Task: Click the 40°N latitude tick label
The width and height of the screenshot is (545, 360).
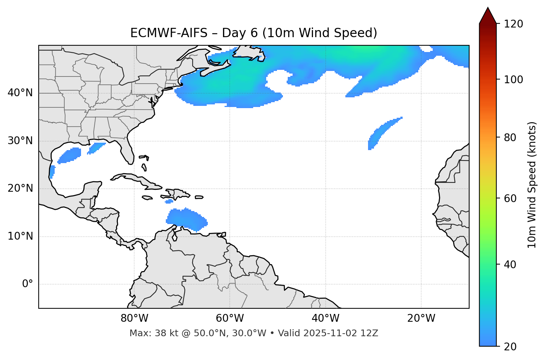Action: [x=20, y=93]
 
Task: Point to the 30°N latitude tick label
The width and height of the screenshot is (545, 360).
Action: [x=20, y=141]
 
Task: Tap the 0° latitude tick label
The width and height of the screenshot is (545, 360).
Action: [x=28, y=284]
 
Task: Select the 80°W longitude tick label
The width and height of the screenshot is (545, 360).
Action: [x=134, y=318]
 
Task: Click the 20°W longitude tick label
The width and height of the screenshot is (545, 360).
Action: [x=421, y=318]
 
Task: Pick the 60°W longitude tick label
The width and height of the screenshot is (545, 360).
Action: [x=230, y=318]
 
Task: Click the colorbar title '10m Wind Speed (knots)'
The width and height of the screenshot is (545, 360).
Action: [x=532, y=185]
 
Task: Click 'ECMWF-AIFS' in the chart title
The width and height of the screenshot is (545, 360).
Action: [x=168, y=33]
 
